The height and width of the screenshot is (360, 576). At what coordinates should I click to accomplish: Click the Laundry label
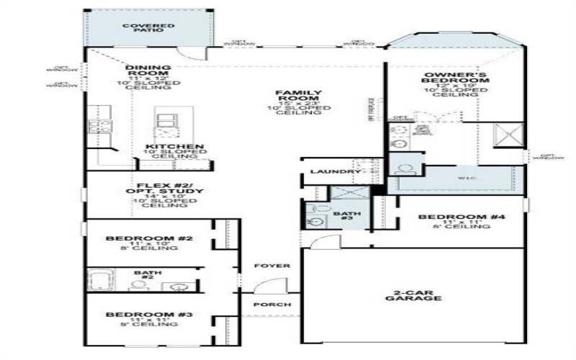coord(335,172)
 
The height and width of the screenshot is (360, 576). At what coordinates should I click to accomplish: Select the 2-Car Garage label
coord(413,294)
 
